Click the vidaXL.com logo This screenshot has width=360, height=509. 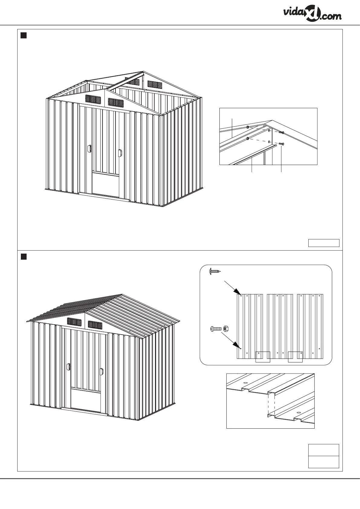[312, 14]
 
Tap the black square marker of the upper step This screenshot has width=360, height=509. [24, 36]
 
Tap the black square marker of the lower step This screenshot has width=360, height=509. [24, 257]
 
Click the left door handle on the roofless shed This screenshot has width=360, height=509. [89, 149]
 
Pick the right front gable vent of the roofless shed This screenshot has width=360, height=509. [116, 103]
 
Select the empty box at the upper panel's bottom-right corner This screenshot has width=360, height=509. [323, 243]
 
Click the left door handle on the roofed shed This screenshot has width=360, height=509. [69, 367]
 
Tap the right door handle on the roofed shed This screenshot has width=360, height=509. [101, 372]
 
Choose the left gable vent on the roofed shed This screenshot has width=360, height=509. [74, 322]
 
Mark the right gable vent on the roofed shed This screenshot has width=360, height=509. [95, 325]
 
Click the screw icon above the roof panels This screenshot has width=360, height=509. [215, 271]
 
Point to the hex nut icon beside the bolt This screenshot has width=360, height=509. [225, 328]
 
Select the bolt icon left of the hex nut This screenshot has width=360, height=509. [215, 329]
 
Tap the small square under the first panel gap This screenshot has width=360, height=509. [263, 357]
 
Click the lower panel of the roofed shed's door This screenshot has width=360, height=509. [85, 399]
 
